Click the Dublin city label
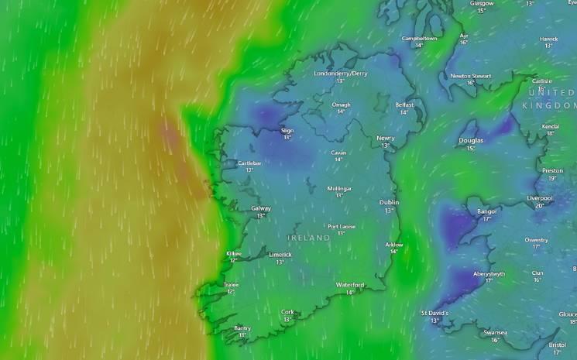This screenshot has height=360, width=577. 389,203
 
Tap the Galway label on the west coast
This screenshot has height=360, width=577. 261,208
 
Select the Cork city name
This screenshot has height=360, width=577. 287,312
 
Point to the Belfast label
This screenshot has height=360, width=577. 404,105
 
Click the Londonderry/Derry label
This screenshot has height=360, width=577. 340,74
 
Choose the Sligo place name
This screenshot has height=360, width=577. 287,131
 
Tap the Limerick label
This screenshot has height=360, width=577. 280,255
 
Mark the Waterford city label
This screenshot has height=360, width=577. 350,285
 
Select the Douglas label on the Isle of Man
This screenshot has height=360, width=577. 471,141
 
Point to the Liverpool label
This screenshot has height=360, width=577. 539,198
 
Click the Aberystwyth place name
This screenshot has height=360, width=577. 489,273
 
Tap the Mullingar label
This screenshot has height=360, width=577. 339,188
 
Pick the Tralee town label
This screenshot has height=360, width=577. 231,285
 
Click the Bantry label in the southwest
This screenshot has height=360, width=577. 242,328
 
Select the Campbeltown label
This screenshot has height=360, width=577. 419,38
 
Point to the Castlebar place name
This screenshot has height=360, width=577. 249,163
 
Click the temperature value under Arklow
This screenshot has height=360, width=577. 394,252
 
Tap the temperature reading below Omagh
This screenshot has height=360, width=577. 341,111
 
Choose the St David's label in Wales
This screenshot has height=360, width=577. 434,313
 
